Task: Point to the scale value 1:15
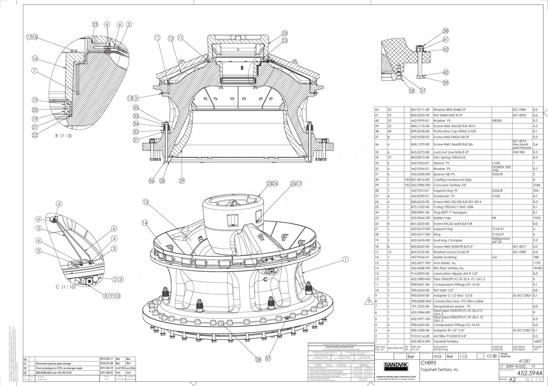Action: tap(463, 357)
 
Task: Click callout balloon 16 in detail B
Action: tap(35, 59)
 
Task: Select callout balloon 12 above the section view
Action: tap(170, 38)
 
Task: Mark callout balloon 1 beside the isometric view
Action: tap(346, 260)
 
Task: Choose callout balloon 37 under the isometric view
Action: tap(268, 358)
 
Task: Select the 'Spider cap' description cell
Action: tap(443, 218)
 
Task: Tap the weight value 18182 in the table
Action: tap(537, 268)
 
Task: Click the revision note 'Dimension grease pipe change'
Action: tap(54, 364)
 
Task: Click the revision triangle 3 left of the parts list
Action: tap(369, 302)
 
